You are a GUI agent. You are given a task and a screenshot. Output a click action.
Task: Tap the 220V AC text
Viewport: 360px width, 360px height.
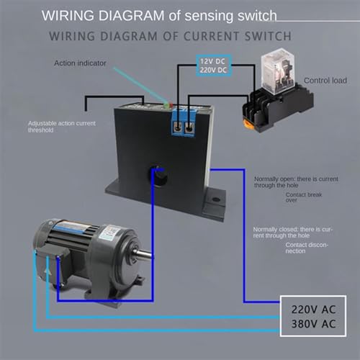[312, 309]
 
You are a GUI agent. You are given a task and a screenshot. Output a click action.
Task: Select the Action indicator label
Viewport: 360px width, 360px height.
[80, 63]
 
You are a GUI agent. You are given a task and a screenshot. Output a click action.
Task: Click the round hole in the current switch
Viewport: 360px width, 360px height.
[158, 172]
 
